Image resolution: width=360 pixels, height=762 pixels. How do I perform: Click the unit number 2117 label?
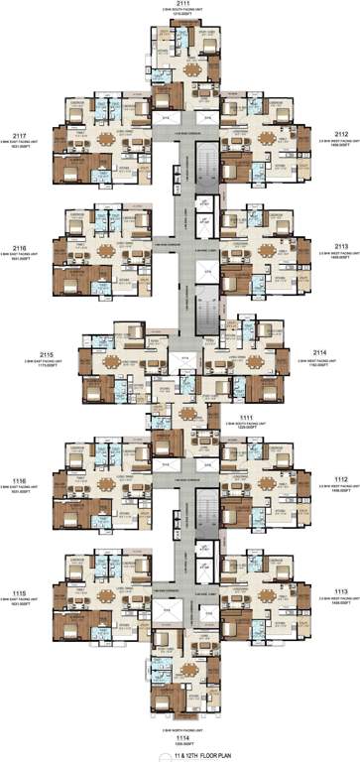coord(18,135)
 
